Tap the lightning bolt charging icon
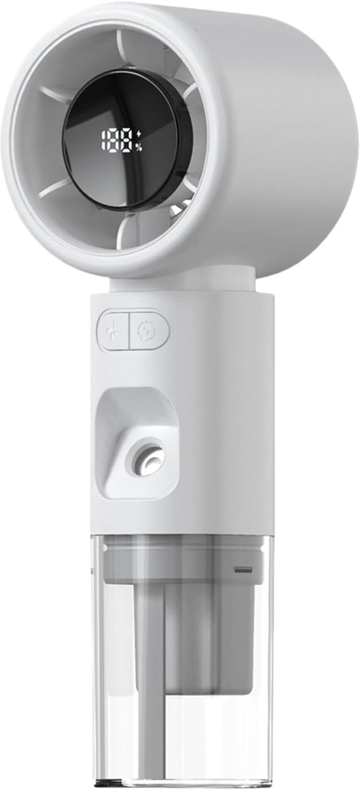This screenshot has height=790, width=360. pos(140,135)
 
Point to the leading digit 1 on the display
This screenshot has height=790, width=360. pos(105,141)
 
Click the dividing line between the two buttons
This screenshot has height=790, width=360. pos(129,330)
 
